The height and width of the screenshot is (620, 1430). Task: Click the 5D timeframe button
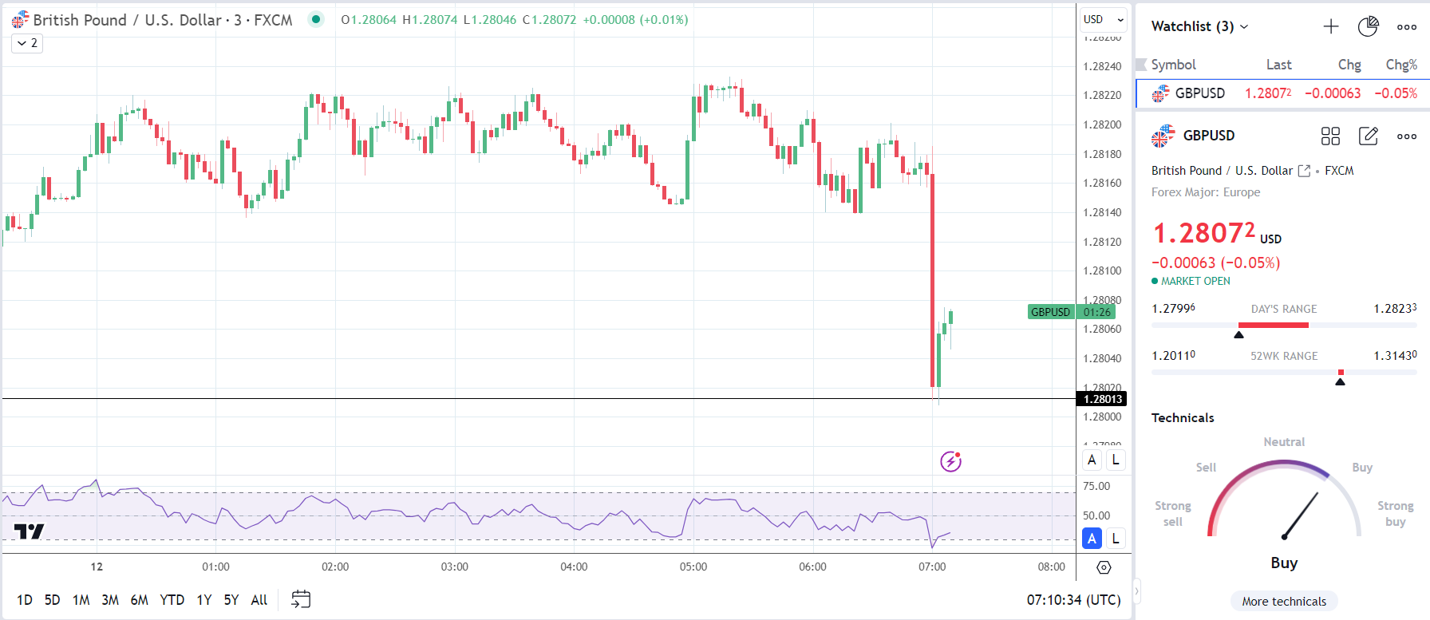[x=52, y=600]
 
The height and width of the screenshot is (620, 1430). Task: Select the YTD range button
[x=172, y=600]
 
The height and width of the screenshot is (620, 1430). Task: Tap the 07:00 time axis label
[x=932, y=567]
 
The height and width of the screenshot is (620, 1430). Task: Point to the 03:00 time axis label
[x=454, y=567]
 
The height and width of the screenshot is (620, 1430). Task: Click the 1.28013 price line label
[x=1102, y=399]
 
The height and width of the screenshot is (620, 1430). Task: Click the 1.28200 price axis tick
[x=1102, y=124]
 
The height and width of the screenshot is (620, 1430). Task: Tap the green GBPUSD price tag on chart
[x=1050, y=312]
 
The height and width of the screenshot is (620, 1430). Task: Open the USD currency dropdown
[x=1103, y=19]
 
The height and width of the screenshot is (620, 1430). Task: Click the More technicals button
[x=1283, y=602]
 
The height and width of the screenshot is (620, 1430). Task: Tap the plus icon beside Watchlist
[x=1330, y=26]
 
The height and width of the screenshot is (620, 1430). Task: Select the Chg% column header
[x=1400, y=65]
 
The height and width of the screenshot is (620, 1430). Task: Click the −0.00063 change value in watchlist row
[x=1332, y=93]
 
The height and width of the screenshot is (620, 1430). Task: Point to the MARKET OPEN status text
[x=1195, y=281]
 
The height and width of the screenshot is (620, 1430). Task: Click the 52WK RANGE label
[x=1283, y=356]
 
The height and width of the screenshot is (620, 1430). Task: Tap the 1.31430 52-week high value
[x=1395, y=356]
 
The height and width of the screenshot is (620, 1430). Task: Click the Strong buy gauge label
[x=1395, y=513]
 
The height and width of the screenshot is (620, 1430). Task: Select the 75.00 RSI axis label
[x=1096, y=486]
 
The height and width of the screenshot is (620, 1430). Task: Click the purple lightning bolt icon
[x=950, y=461]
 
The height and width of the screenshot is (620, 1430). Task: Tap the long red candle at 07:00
[x=932, y=279]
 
